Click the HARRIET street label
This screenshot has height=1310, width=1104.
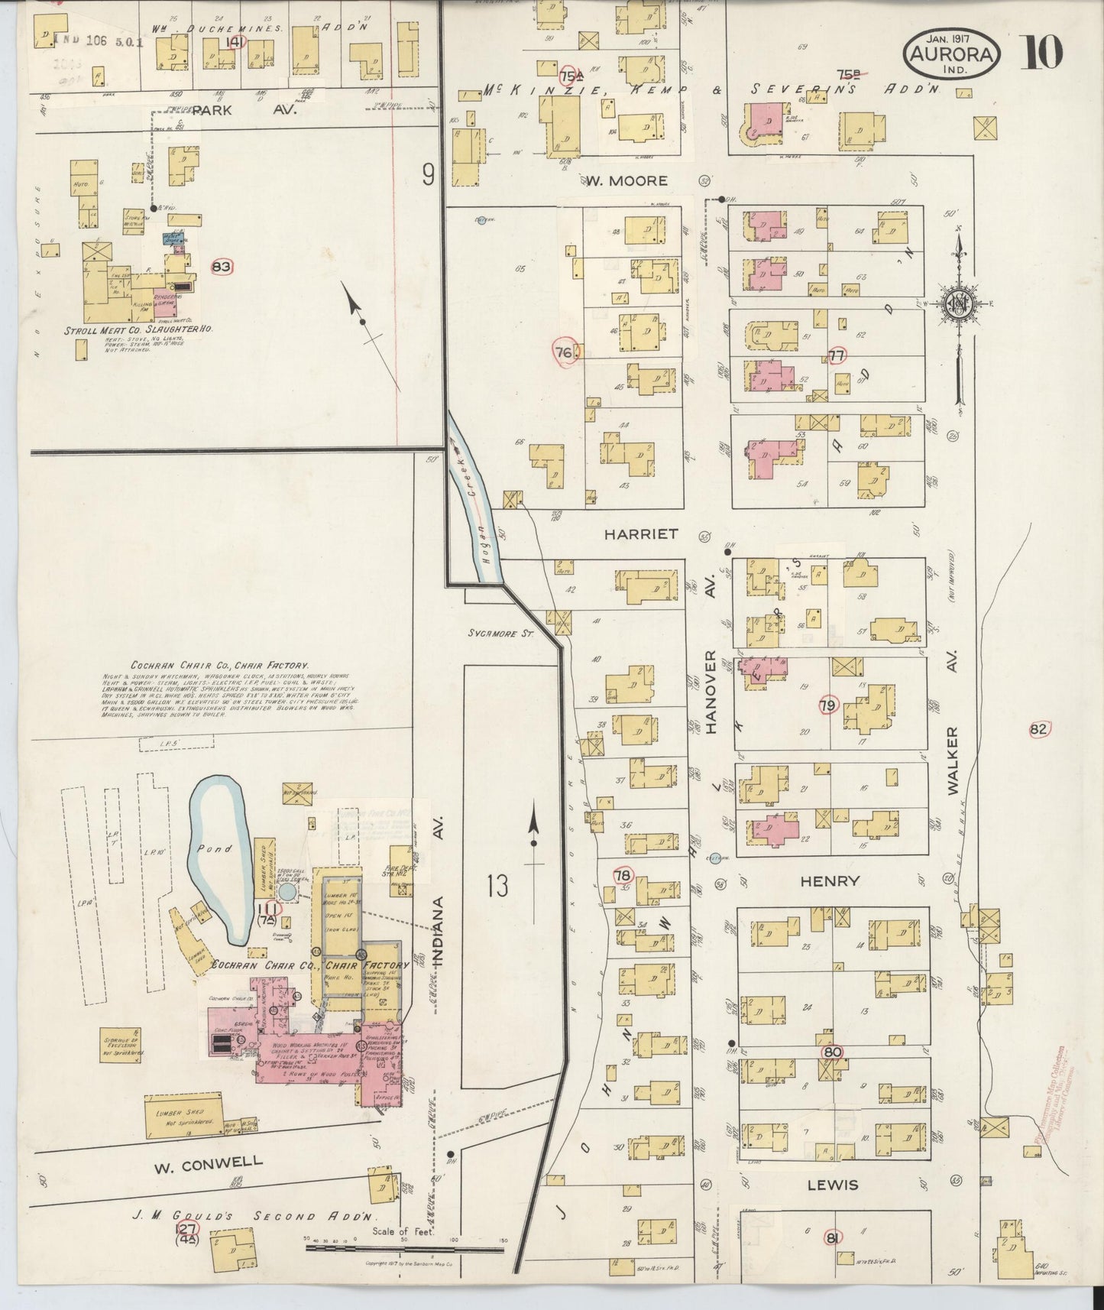click(641, 534)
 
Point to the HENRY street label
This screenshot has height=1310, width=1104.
click(830, 881)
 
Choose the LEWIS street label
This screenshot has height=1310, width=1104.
click(830, 1185)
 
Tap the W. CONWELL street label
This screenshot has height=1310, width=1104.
click(208, 1168)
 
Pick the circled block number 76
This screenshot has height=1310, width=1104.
click(565, 352)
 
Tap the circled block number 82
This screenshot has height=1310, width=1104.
click(1038, 729)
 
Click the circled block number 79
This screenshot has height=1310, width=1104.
click(827, 705)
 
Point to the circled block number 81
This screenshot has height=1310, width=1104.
click(833, 1237)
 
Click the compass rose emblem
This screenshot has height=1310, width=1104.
click(957, 302)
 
